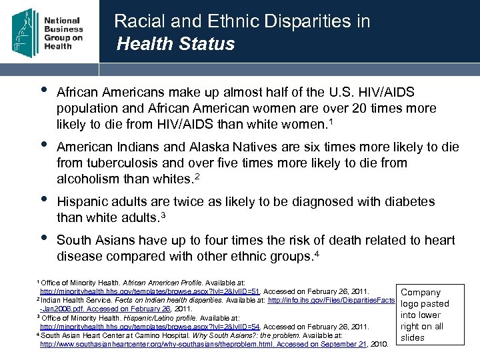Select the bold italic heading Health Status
[175, 44]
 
